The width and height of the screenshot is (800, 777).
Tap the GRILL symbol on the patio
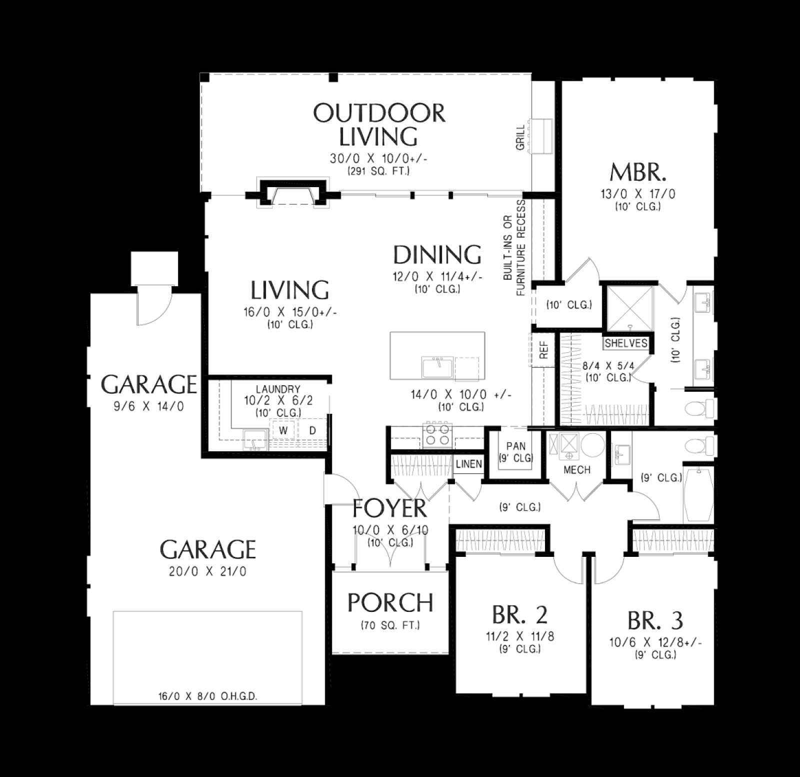pos(541,138)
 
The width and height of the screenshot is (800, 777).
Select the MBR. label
pos(638,173)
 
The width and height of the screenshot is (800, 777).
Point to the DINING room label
pos(437,255)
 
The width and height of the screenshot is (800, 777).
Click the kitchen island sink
pos(437,367)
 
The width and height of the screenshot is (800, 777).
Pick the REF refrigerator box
pos(543,350)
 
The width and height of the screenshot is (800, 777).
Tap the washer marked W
pos(283,430)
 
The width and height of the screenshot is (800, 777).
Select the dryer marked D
pos(312,430)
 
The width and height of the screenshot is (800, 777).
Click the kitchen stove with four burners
pos(437,435)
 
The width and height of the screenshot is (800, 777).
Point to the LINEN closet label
pos(469,464)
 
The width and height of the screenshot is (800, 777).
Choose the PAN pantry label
pos(516,446)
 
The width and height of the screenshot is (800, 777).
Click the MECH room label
pos(577,470)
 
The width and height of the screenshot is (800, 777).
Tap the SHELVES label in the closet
pos(626,343)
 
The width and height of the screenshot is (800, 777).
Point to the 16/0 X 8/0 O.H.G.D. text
pos(207,696)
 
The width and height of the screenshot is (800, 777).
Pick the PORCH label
pos(390,603)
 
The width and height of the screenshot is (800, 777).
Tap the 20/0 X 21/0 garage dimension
pos(207,571)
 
